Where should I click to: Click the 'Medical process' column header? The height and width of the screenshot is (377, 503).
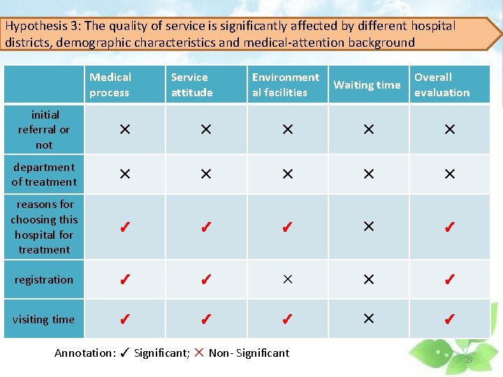coord(110,84)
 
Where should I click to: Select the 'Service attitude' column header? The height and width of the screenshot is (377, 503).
coord(191,84)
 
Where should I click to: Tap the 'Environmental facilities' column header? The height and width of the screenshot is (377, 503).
coord(285,84)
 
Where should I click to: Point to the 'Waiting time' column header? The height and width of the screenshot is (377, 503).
coord(367,85)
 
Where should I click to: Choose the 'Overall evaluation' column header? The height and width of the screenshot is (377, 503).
coord(442,84)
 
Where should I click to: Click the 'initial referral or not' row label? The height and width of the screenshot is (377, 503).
coord(44,130)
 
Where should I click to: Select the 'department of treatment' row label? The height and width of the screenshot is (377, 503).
coord(44,175)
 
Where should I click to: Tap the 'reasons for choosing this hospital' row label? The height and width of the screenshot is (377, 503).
coord(44,227)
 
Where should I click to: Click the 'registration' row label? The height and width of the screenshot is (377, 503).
coord(44,280)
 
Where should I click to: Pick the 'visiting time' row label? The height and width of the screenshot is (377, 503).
coord(43,320)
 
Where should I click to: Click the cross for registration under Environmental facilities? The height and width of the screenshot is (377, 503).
coord(287,279)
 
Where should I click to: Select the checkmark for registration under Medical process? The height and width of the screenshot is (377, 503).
coord(124,280)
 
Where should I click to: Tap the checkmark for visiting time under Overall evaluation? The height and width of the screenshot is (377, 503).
coord(450,320)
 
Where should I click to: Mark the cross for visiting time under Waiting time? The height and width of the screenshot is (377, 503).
coord(368,318)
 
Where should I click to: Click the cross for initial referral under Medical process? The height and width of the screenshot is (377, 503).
coord(124,130)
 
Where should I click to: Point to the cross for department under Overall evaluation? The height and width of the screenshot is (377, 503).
coord(450,174)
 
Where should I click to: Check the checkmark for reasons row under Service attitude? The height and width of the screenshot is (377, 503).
coord(205,227)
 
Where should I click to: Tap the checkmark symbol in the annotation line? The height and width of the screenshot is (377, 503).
coord(124,353)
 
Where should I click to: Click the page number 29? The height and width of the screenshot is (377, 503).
coord(468,360)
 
